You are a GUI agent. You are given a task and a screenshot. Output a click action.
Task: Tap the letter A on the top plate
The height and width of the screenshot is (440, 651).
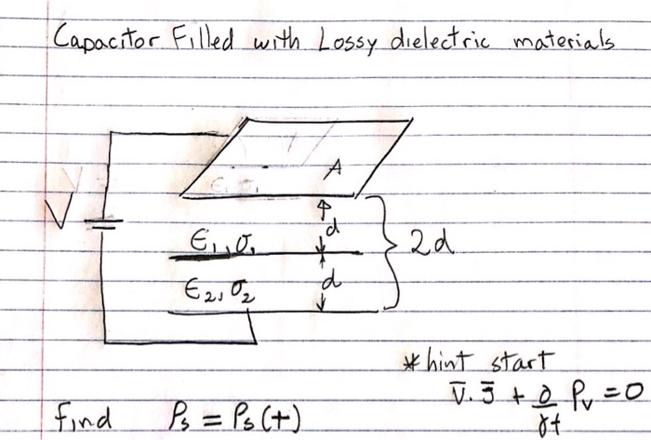334,168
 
